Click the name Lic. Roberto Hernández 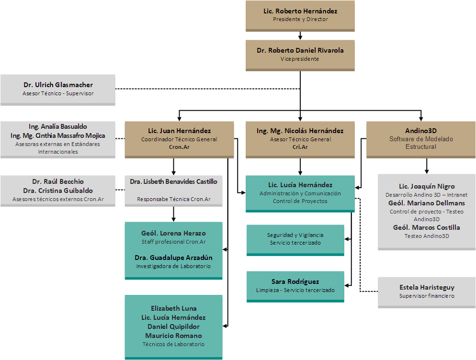[x=300, y=11]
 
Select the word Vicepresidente [x=300, y=59]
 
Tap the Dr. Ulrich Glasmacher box [x=57, y=90]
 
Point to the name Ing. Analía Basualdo [x=57, y=126]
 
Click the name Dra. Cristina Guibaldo [x=57, y=191]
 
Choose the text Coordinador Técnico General [x=179, y=139]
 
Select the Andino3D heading [x=421, y=131]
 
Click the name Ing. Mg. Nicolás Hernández [x=300, y=131]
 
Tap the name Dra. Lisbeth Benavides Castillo [x=174, y=181]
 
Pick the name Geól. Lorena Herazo [x=173, y=233]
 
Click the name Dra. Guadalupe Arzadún [x=173, y=258]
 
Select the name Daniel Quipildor [x=173, y=326]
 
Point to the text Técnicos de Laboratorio [x=173, y=344]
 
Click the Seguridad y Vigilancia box [x=295, y=240]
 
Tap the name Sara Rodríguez [x=295, y=281]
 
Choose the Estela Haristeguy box [x=427, y=292]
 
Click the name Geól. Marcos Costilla [x=427, y=228]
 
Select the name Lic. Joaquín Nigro [x=427, y=186]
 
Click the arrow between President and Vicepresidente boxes [x=300, y=36]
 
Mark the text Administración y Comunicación [x=300, y=193]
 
